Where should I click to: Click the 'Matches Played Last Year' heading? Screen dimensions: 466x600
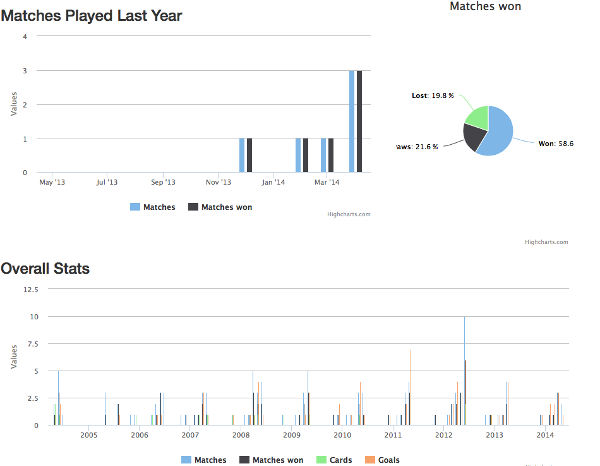pos(92,16)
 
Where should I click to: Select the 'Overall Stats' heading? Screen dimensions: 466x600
pos(45,269)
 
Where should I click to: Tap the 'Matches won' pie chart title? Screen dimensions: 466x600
pos(485,6)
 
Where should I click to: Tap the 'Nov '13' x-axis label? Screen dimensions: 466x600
pos(219,183)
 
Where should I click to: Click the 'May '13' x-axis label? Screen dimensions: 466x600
pos(52,183)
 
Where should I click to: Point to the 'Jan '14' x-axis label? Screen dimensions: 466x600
pos(273,183)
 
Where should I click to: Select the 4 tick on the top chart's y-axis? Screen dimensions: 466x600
pos(25,36)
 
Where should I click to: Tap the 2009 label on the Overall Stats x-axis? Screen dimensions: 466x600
pos(291,435)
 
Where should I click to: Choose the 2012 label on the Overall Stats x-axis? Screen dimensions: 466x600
pos(443,435)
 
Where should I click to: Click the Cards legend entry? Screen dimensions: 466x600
pos(334,460)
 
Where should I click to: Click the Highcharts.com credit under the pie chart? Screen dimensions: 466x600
pos(546,242)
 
